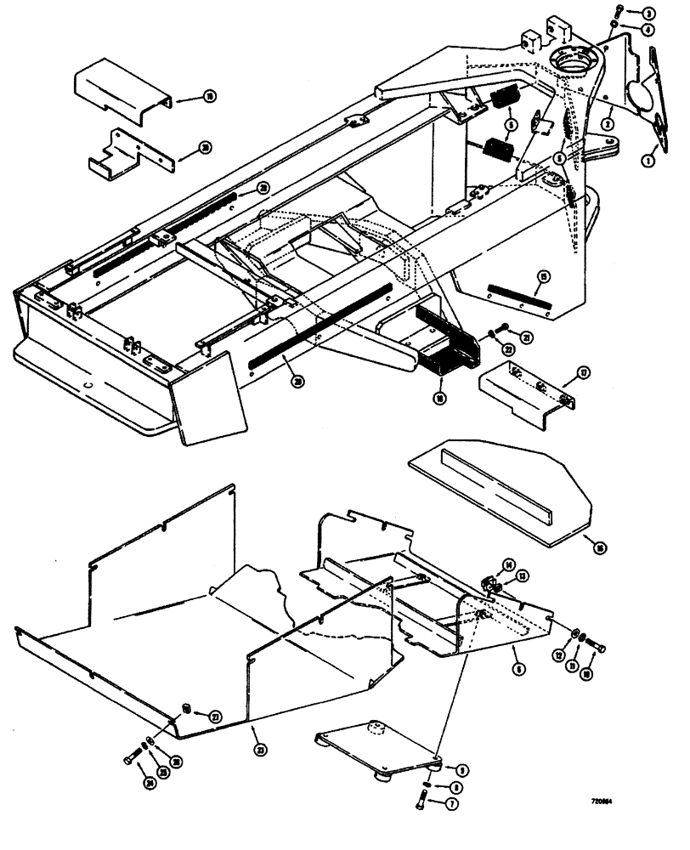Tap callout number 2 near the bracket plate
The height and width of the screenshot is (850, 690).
point(608,124)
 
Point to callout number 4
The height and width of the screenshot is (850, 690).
point(648,29)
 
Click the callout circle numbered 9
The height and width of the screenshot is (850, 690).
point(463,770)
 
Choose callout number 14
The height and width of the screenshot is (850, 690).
point(508,565)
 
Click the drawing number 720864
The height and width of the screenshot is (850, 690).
point(604,800)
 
